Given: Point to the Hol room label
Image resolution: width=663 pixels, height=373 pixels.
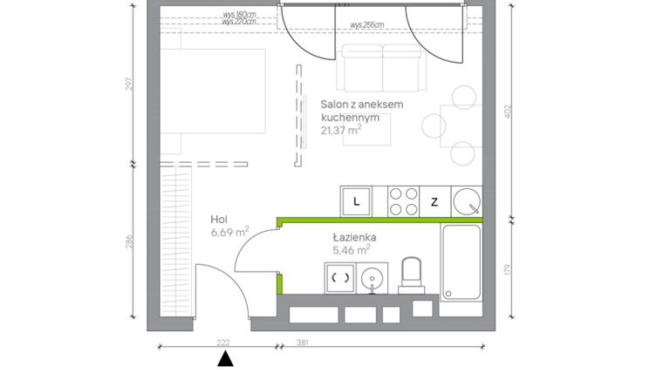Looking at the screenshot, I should click(x=220, y=220).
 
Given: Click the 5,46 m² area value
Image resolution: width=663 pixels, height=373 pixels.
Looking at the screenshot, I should click(x=350, y=250).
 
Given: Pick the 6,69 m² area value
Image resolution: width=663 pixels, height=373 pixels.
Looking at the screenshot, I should click(x=229, y=233).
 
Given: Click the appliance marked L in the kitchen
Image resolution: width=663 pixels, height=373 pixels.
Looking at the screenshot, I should click(x=356, y=201).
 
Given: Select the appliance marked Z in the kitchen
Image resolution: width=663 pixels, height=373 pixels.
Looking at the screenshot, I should click(x=434, y=202).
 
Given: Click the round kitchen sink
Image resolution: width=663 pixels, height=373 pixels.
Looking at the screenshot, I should click(x=468, y=201).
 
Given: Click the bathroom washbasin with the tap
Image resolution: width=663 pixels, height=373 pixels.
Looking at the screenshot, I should click(x=373, y=279).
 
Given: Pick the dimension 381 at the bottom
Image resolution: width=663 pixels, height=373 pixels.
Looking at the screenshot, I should click(x=302, y=342).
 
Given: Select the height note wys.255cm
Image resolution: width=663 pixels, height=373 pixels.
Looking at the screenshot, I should click(x=366, y=25).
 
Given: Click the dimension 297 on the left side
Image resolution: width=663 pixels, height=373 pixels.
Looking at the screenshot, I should click(x=130, y=85).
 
